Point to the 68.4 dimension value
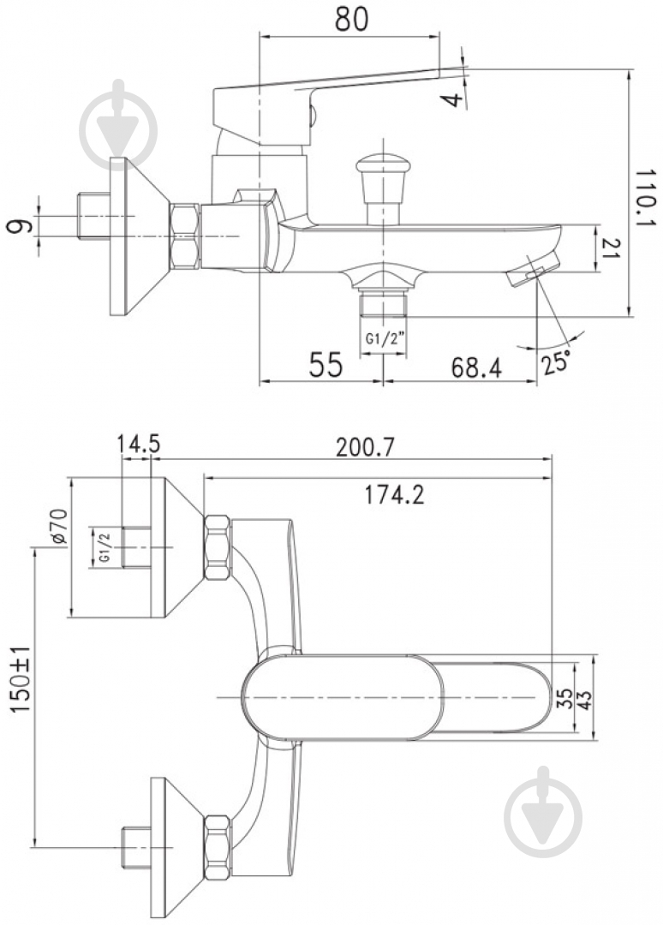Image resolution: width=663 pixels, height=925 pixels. tap(476, 368)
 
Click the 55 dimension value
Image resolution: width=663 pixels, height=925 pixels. tap(326, 365)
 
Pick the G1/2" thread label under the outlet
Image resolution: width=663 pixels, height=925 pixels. tap(384, 339)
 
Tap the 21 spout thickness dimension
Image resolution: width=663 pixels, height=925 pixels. tap(612, 248)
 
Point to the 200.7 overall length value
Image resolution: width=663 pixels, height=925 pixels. tap(364, 450)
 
